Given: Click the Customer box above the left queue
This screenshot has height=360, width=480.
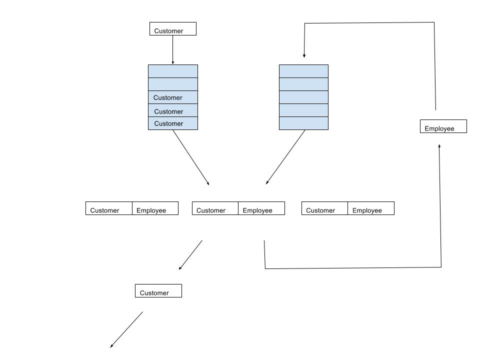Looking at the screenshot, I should (x=173, y=29).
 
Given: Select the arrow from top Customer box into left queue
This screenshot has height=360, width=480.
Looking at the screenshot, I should (x=172, y=50).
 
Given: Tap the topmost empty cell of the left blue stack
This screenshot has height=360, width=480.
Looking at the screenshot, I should (x=173, y=71).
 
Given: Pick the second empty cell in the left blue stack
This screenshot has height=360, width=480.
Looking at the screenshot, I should (x=173, y=84).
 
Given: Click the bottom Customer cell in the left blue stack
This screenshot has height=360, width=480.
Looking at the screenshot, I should (x=173, y=123).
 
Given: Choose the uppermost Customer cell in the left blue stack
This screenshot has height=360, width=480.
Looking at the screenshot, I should (x=173, y=97).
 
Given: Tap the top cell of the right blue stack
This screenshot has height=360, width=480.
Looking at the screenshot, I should (x=303, y=71).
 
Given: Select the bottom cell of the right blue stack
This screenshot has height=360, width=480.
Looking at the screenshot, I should (x=303, y=123).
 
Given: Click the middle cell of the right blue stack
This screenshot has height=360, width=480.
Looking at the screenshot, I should (x=303, y=97).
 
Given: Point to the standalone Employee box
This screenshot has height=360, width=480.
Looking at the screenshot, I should (x=443, y=126).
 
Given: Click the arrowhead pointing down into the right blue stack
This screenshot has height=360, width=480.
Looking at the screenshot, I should (x=304, y=55).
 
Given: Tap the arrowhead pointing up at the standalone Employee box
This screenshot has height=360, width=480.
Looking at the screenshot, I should (x=439, y=146).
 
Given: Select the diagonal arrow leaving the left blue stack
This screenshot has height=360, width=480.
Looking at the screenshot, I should (x=191, y=157).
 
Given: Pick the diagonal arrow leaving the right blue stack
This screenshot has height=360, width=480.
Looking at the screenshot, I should (x=285, y=157).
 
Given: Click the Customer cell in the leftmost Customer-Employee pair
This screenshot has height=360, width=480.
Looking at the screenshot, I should (x=109, y=208).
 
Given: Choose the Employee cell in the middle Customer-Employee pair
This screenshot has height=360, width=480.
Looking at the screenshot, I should (x=261, y=208).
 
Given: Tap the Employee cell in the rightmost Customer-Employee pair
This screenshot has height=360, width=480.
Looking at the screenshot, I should (x=371, y=208).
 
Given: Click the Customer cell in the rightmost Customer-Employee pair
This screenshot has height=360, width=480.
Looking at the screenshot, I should (x=324, y=208).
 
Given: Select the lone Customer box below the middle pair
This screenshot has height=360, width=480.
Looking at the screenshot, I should (x=158, y=291).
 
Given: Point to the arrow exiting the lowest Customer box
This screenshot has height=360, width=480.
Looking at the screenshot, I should (x=126, y=329).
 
